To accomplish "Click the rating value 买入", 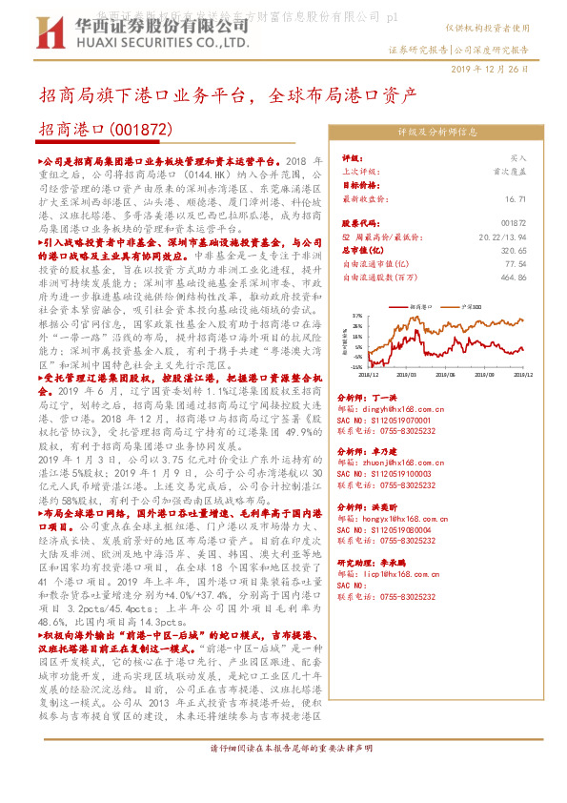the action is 517,158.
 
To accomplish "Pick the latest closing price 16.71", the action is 516,198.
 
